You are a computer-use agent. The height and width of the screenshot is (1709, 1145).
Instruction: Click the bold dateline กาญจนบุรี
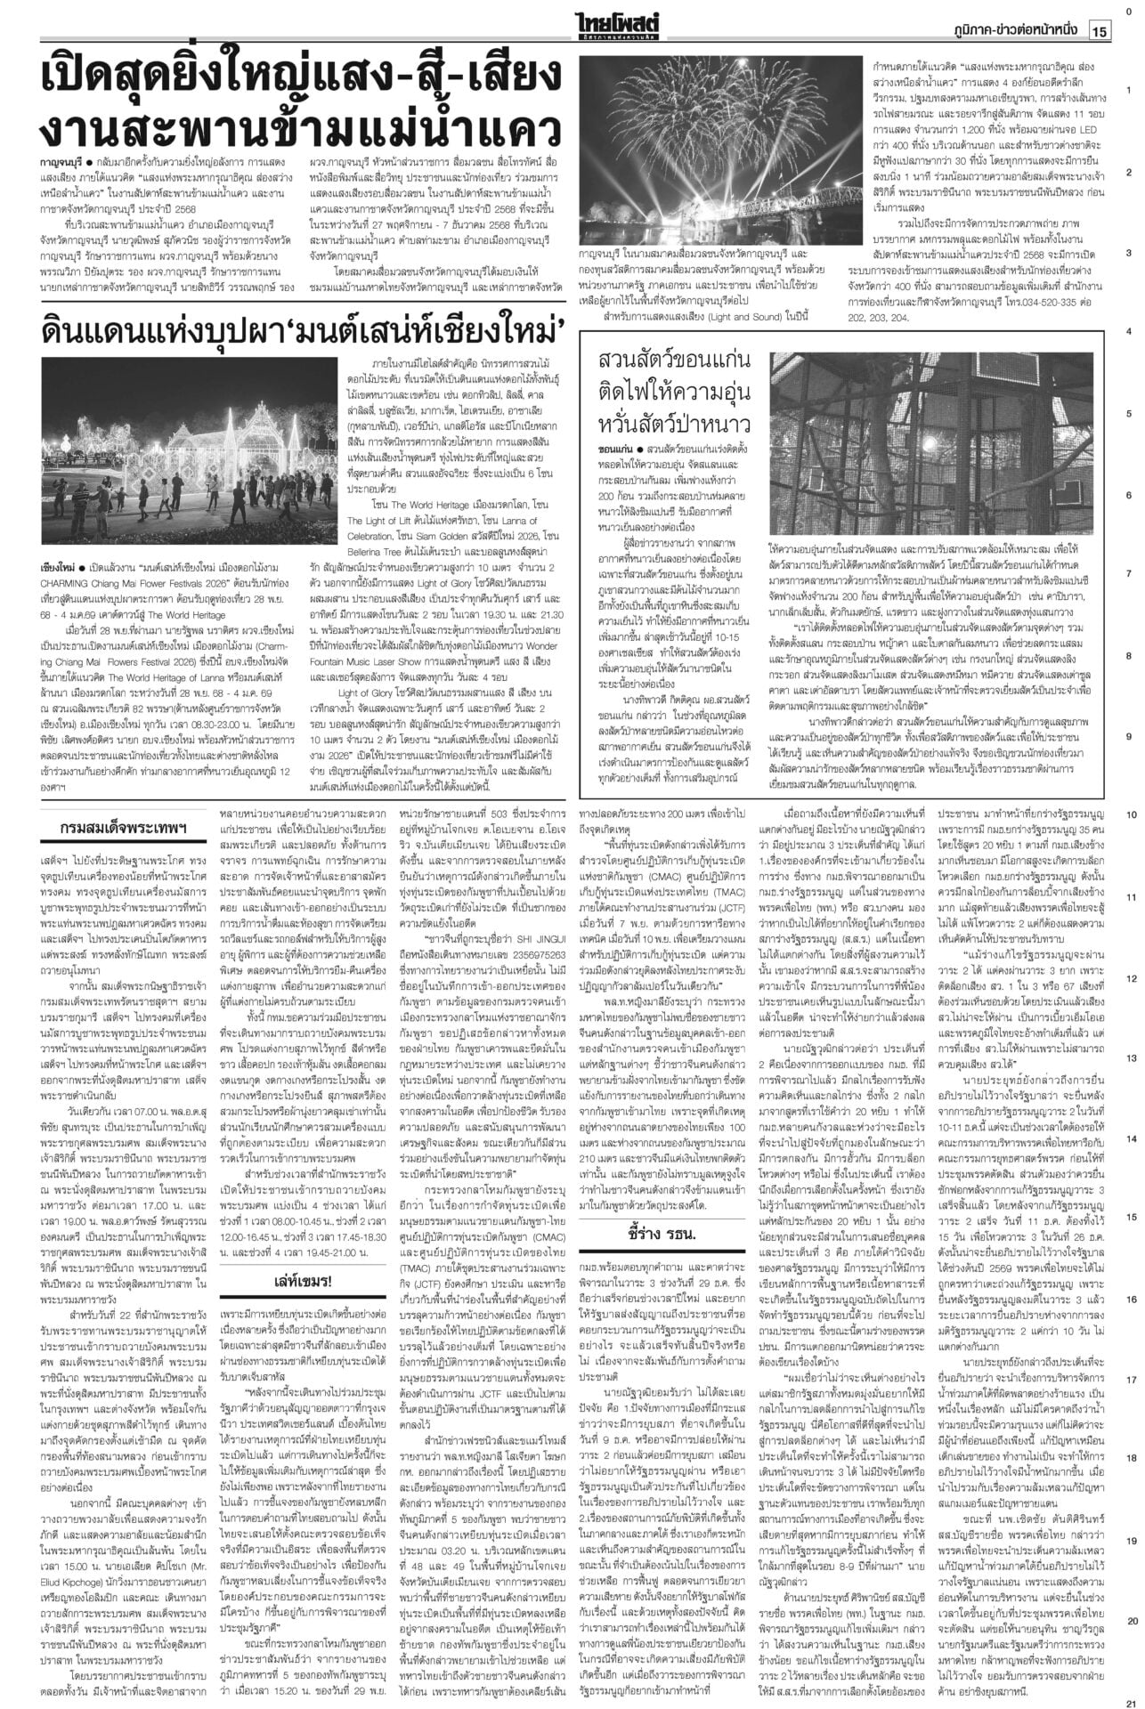pyautogui.click(x=61, y=165)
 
